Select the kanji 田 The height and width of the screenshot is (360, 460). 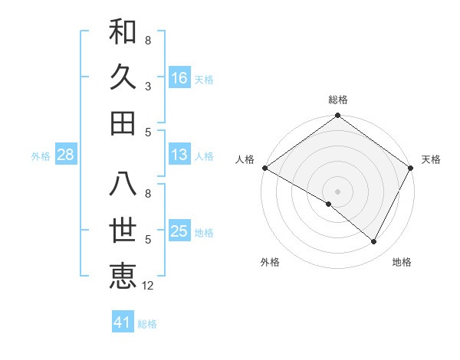123,123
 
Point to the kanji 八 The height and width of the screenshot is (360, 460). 123,184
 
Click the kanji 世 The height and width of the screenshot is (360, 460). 123,230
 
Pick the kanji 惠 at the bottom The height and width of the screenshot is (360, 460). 123,276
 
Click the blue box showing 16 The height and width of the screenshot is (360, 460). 179,78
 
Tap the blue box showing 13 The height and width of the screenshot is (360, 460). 179,155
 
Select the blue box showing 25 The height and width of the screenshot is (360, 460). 179,232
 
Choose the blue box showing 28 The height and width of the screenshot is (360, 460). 65,155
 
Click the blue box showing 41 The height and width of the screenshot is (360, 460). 123,322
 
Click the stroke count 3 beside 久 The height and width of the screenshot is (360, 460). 148,86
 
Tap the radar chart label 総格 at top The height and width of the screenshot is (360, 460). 338,100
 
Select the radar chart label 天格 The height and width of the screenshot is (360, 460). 431,160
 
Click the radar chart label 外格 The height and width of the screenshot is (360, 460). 270,262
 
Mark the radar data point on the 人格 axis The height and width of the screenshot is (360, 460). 264,168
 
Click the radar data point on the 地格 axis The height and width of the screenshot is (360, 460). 374,242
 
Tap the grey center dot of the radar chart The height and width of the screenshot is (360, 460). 338,191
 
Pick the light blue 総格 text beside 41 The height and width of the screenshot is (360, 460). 147,324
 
